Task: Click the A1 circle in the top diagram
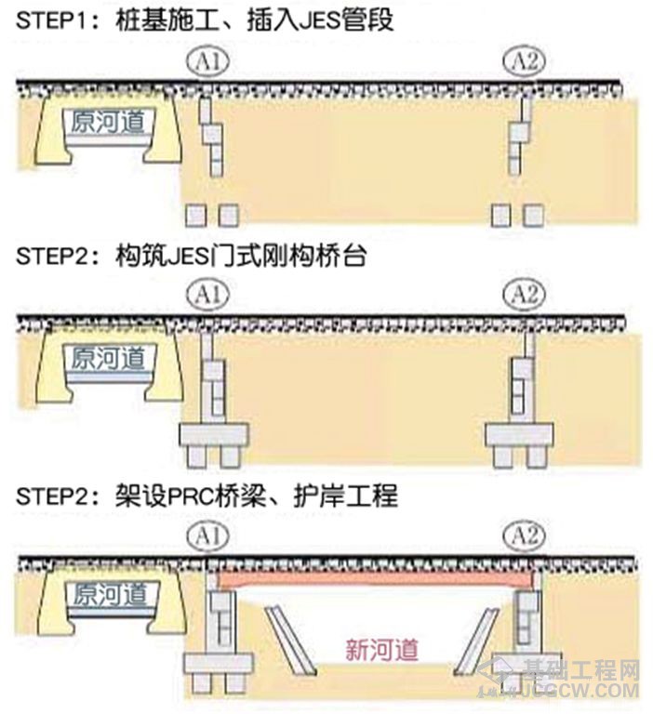[207, 61]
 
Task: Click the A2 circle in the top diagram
[524, 61]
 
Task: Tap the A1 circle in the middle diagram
[207, 294]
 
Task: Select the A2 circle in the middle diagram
[524, 294]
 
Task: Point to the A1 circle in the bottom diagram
[207, 535]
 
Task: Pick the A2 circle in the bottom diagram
[524, 535]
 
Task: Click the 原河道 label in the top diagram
[108, 122]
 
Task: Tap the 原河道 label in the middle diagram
[108, 358]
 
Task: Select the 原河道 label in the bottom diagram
[110, 594]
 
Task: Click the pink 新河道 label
[382, 650]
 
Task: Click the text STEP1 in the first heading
[51, 20]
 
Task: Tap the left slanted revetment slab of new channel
[290, 640]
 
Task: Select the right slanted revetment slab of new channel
[474, 640]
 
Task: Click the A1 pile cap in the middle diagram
[214, 434]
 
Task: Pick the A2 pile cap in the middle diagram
[519, 434]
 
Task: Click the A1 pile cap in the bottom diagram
[219, 665]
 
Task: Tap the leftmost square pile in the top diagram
[196, 215]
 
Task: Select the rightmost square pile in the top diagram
[533, 215]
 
